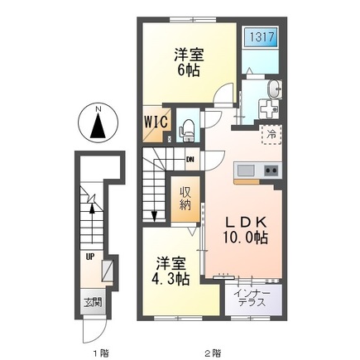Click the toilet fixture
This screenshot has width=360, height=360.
187,127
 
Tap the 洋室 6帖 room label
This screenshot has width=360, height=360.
189,63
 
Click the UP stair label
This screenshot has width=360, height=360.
88,256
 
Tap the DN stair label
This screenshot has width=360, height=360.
190,160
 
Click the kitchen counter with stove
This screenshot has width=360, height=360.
258,170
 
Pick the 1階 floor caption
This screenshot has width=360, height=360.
99,353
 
